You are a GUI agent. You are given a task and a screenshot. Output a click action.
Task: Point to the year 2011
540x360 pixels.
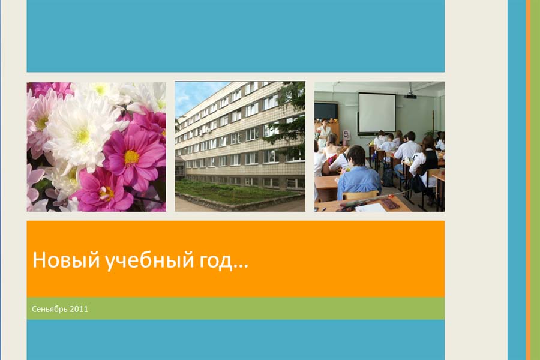(x=79, y=309)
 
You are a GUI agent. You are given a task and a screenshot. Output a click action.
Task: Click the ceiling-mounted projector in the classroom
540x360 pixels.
(x=410, y=95)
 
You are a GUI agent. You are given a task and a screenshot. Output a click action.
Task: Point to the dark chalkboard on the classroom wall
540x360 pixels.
(x=326, y=111)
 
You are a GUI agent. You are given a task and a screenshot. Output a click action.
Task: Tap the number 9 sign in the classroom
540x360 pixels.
(x=346, y=134)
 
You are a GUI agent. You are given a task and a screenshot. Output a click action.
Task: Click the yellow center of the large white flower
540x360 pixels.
(x=82, y=136)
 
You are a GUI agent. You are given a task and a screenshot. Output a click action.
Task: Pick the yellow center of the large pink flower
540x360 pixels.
(x=131, y=157)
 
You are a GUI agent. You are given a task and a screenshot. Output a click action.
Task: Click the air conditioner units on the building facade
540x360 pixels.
(x=204, y=131)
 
